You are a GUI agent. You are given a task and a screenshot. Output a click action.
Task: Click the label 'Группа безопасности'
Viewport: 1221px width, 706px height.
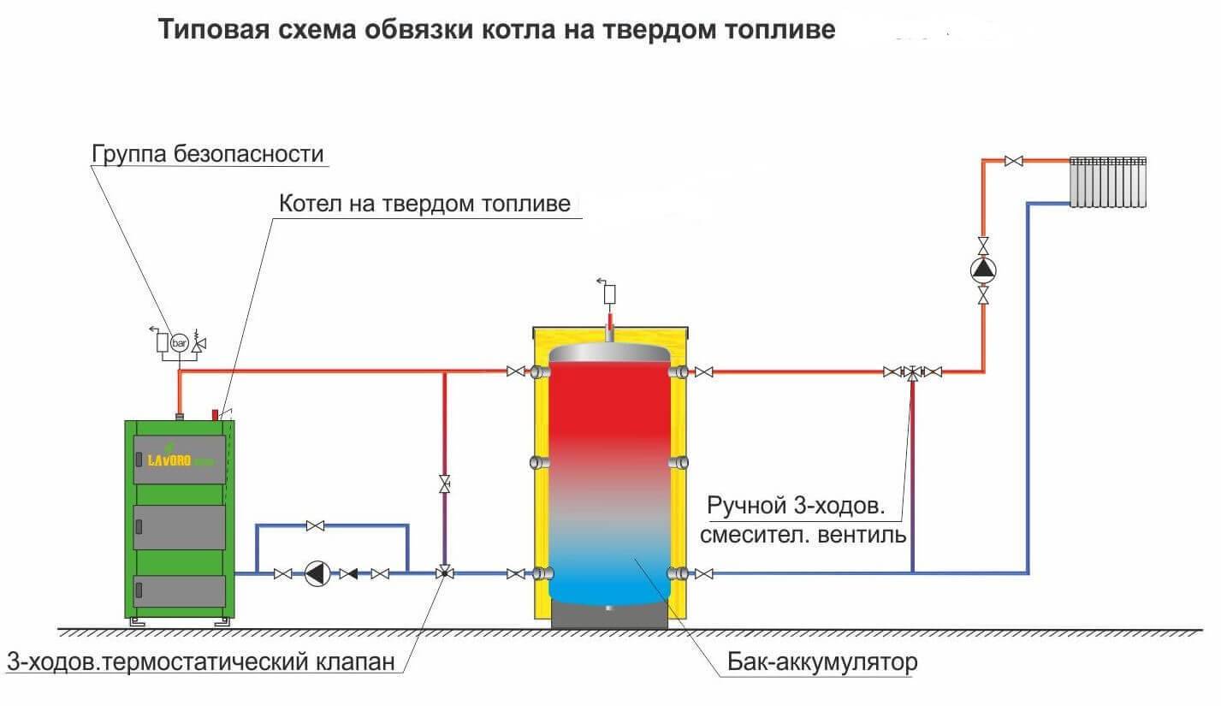208,155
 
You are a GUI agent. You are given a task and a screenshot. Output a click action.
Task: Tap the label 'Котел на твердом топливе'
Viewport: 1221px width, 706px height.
424,205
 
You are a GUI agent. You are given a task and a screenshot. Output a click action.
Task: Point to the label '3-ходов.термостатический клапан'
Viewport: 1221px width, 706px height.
201,662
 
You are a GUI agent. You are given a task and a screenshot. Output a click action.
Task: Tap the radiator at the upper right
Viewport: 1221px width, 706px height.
1108,181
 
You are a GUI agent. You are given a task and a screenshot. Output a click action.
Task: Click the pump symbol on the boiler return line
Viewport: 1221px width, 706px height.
317,574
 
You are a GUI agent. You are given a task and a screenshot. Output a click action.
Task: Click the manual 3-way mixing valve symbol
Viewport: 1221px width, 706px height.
913,372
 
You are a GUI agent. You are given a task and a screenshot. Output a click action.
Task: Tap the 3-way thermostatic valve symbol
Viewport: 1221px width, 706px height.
444,573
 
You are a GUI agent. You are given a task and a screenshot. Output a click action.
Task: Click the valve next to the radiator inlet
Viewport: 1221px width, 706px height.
1016,161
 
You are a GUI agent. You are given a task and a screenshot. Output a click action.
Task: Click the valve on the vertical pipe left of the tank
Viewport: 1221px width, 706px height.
444,485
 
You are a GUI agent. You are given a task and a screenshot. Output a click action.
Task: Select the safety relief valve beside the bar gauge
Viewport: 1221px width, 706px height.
199,343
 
